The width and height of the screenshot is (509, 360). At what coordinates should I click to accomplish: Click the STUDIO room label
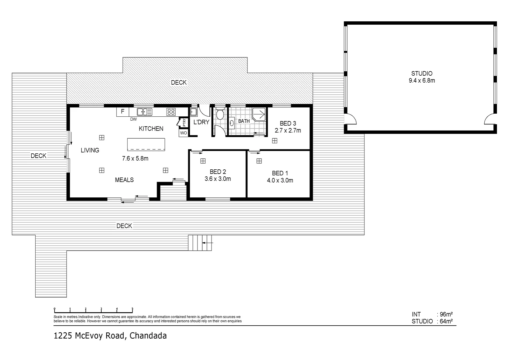pos(421,74)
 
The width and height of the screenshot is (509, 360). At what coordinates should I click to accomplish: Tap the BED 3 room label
pos(287,123)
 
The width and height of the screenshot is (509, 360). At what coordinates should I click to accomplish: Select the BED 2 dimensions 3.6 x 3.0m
pos(218,179)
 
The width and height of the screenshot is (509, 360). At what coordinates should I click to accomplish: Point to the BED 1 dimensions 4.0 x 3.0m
pos(280,181)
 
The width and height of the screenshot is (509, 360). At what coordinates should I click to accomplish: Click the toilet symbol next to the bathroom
pos(220,115)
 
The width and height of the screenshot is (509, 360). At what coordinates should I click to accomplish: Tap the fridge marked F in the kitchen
pos(123,112)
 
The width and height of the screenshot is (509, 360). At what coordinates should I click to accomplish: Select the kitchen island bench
pos(146,145)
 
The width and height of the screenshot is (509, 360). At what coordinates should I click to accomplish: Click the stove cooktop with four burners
pos(171,112)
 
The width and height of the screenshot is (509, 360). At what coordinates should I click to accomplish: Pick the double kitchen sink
pos(145,112)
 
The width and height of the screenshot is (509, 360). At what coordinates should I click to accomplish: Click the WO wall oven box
pos(183,133)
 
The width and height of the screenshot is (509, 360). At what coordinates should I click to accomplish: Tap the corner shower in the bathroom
pos(259,114)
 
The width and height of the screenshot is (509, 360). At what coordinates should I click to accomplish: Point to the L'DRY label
pos(201,122)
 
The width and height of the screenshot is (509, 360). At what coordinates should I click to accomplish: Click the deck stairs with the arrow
pos(200,243)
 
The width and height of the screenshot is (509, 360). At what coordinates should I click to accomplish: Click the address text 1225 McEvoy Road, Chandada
pos(110,336)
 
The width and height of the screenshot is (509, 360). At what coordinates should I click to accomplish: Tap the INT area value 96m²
pos(445,314)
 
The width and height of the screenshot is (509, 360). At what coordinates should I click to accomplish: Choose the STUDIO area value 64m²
pos(445,321)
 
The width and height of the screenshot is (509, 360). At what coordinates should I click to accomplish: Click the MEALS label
pos(124,180)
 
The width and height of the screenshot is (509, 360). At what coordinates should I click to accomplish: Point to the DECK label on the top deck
pos(179,83)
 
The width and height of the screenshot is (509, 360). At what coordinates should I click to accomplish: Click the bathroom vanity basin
pos(232,123)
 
